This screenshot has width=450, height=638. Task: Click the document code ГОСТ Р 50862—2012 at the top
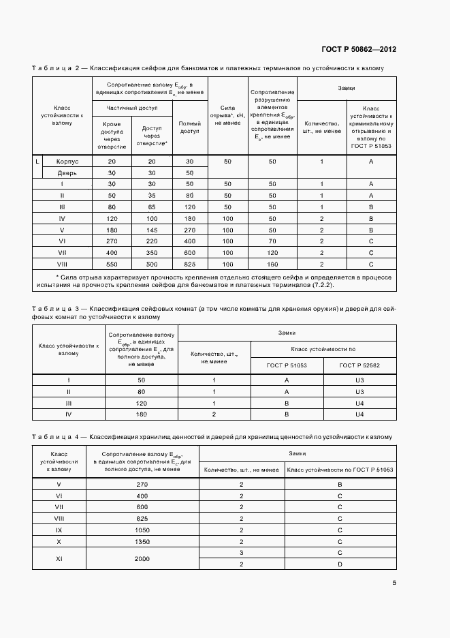pos(359,50)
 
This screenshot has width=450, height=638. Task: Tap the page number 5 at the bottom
pos(394,582)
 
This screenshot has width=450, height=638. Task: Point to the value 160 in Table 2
pos(272,263)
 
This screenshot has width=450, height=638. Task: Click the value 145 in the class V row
pos(152,230)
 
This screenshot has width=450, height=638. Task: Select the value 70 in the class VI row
pos(272,241)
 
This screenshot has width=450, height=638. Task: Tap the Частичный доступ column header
pos(131,108)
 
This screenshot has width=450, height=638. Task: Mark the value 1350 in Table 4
pos(142,541)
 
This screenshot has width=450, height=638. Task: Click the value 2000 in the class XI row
pos(142,558)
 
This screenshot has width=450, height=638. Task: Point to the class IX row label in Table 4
pos(58,529)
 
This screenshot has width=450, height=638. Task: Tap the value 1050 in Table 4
pos(142,529)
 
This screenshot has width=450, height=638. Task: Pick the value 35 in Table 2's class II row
pos(152,196)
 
